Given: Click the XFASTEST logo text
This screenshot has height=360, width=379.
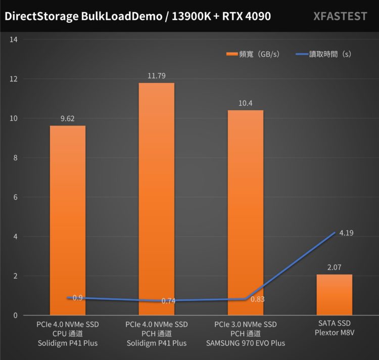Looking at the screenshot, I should tap(340, 16).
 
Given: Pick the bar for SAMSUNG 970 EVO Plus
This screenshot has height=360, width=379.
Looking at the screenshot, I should tap(245, 212).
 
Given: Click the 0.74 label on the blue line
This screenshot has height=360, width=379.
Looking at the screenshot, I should tap(169, 301).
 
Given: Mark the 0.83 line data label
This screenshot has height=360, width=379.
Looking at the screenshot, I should tap(258, 299).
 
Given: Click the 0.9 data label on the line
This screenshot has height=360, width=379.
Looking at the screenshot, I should tap(77, 298).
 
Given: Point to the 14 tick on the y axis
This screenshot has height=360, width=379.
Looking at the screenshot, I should tap(14, 39).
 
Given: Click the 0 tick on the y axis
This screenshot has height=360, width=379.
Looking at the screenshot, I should tap(16, 316).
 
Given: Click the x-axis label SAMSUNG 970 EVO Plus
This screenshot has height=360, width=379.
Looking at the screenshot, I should tap(245, 343).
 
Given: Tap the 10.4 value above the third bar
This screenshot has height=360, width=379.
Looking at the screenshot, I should tap(245, 103).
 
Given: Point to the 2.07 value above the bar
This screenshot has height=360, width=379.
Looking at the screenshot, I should tap(334, 267).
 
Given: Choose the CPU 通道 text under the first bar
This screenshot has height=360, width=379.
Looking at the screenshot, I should tap(67, 333).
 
